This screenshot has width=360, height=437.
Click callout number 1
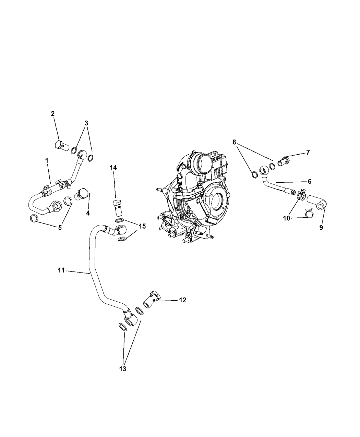[x=47, y=160]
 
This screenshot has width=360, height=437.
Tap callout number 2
[x=52, y=114]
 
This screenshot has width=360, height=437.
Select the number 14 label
[x=113, y=168]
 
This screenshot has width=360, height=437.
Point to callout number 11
[x=61, y=270]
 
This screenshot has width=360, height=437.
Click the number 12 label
[x=183, y=300]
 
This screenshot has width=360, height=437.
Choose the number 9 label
[x=321, y=228]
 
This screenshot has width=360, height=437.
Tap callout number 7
[x=308, y=153]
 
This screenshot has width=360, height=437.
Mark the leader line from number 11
[x=78, y=272]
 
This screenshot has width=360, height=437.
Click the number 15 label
[x=142, y=226]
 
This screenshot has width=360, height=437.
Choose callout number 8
[x=234, y=142]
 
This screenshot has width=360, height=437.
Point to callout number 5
[x=60, y=228]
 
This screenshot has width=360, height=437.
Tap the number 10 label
[x=287, y=218]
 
